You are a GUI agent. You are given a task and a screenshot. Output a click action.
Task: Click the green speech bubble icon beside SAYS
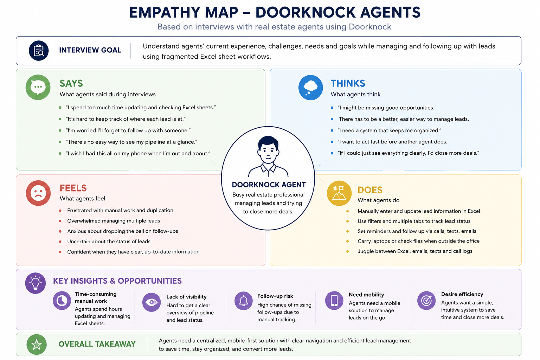38,87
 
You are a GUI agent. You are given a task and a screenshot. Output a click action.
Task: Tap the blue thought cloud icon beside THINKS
310,87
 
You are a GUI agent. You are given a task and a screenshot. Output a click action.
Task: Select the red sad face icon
38,193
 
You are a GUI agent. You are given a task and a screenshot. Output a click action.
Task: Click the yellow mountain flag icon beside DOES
339,193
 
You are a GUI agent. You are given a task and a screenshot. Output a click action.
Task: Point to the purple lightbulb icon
36,283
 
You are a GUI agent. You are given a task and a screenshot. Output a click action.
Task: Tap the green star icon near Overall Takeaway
37,344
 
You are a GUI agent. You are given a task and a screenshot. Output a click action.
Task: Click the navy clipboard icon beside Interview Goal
39,51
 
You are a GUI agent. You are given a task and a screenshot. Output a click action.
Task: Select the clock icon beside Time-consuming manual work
62,301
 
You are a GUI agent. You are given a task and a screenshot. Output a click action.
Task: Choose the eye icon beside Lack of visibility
152,302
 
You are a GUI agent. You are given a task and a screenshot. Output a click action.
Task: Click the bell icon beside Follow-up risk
244,301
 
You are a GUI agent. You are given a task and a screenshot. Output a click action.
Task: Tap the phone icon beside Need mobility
334,301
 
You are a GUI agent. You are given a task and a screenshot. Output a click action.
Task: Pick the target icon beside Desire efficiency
426,301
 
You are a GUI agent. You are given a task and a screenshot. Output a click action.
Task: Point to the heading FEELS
73,188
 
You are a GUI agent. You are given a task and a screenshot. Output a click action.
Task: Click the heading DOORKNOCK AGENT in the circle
269,185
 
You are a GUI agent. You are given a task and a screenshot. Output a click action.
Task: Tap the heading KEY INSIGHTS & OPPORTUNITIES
117,281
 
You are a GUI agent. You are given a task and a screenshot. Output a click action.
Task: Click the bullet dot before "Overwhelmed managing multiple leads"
60,221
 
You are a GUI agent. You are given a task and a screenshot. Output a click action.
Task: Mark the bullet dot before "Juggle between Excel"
347,251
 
